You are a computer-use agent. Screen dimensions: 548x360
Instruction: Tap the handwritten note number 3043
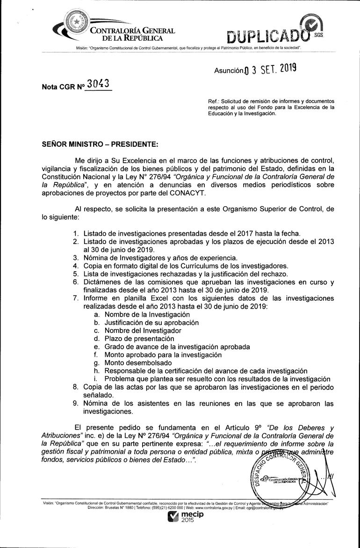[x=99, y=84]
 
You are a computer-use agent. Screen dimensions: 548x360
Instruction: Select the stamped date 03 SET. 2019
[x=271, y=70]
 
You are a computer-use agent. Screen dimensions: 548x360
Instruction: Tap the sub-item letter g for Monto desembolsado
[x=96, y=362]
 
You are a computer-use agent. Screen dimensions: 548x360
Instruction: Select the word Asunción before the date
[x=229, y=71]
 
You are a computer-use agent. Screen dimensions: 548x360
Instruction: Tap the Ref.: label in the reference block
[x=214, y=101]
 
